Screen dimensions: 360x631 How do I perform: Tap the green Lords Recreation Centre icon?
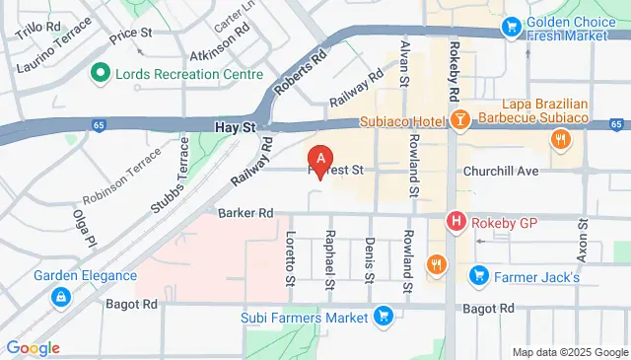pos(99,74)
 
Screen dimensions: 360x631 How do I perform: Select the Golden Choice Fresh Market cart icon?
pos(511,29)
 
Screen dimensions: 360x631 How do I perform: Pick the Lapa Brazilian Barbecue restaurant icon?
pos(560,140)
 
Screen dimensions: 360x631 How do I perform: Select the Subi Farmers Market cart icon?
pos(385,317)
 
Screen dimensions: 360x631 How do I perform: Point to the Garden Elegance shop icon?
pos(61,296)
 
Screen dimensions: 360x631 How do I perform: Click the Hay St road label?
pos(235,127)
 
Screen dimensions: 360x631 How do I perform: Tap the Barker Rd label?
pos(245,212)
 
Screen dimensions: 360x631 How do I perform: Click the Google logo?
pos(33,347)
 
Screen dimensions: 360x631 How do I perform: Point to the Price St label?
pos(130,34)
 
